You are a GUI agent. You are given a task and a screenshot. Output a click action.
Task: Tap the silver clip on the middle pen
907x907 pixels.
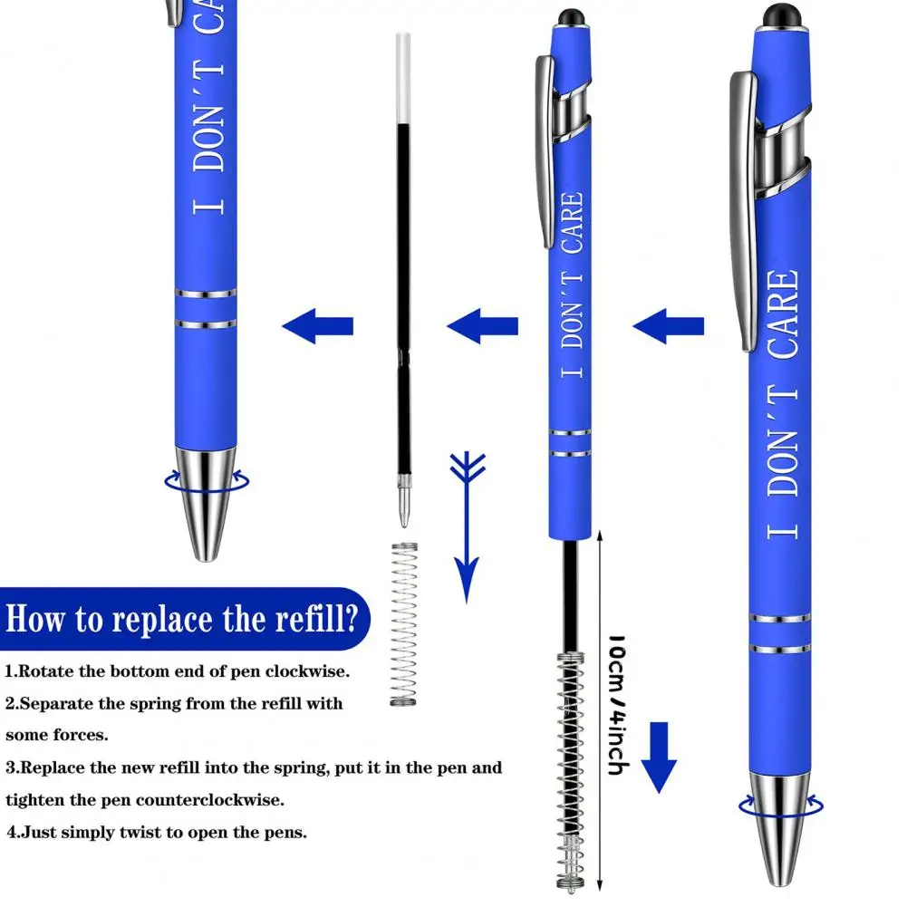click(545, 150)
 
